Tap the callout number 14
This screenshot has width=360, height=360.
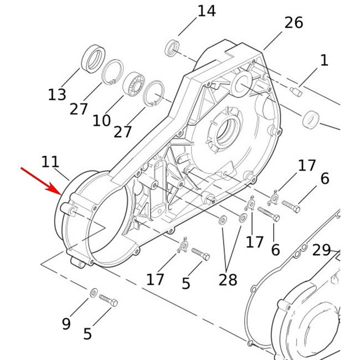207,11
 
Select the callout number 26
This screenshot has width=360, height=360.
294,23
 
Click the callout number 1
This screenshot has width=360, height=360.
324,60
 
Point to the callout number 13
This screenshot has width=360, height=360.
57,95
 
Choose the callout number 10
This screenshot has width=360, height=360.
101,121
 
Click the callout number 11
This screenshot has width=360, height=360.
50,162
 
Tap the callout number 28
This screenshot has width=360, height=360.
228,280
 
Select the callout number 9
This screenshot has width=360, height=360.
66,324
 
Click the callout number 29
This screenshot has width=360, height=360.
321,250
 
